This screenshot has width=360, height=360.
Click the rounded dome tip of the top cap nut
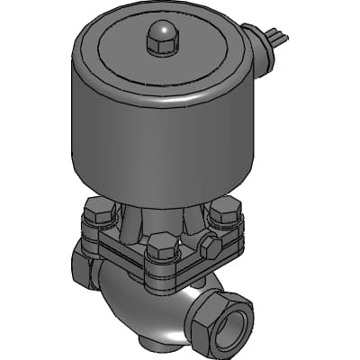coord(159,31)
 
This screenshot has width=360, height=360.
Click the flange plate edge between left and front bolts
coord(121,251)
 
